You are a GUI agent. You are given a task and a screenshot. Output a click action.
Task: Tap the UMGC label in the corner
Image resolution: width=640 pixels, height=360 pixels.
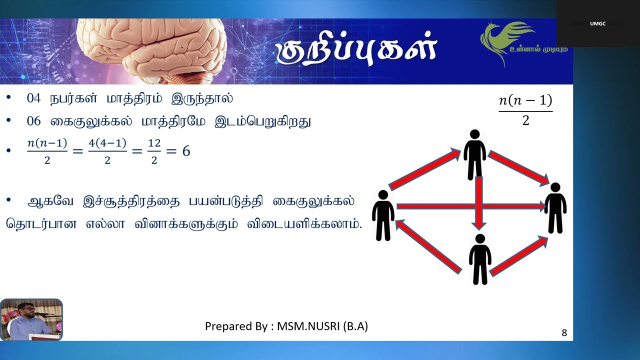[597, 23]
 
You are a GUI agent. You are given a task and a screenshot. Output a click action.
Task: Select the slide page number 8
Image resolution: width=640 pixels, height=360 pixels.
[564, 332]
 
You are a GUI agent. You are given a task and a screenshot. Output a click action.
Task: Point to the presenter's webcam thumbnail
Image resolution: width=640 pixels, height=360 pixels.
[31, 319]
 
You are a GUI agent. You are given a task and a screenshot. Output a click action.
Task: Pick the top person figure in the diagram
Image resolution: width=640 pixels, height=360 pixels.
[475, 155]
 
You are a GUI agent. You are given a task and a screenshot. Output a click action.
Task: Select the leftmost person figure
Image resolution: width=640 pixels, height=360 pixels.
[383, 215]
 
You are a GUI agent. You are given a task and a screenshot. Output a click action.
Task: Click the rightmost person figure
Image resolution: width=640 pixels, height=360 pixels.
[555, 208]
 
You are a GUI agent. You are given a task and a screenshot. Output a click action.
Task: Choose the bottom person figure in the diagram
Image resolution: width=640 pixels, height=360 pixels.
[480, 259]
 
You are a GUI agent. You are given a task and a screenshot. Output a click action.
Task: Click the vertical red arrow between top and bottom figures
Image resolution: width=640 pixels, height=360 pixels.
[479, 203]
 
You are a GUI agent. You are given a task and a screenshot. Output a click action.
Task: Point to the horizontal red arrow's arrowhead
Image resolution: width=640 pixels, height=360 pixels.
[541, 206]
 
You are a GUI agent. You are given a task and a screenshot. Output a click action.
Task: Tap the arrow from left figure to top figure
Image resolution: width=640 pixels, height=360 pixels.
[425, 168]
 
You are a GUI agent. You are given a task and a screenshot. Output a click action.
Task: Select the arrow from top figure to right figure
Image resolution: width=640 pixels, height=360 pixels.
[518, 168]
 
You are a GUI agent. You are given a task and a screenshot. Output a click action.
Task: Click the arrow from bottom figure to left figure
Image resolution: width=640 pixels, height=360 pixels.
[428, 246]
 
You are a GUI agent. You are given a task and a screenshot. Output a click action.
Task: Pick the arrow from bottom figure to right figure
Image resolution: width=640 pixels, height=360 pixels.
[519, 256]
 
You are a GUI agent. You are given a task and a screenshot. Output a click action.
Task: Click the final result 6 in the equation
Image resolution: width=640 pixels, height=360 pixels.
[186, 151]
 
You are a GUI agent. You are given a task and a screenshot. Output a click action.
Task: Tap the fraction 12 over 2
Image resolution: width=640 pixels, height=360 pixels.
[154, 151]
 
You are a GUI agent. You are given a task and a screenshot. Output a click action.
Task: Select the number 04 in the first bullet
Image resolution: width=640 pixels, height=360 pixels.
[33, 98]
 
